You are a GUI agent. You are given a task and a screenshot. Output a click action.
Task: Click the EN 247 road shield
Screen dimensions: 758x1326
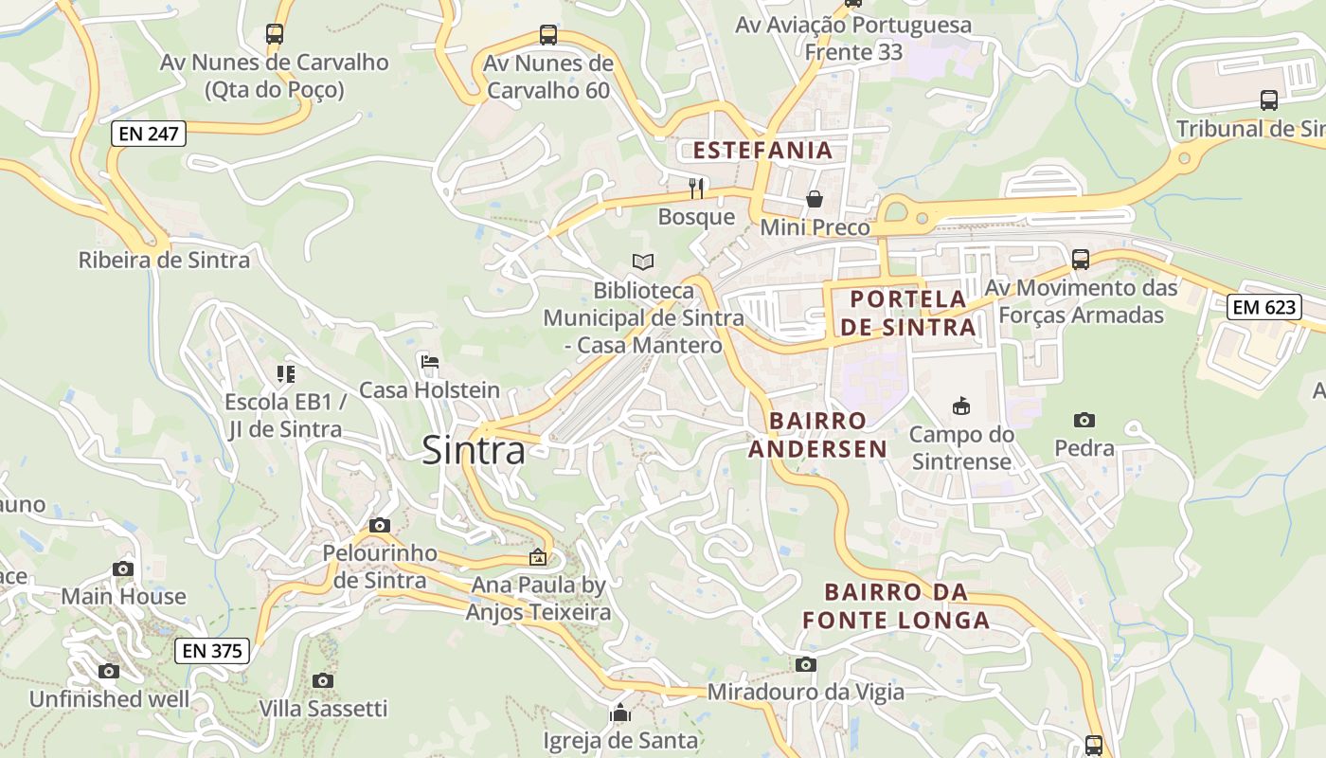(x=149, y=134)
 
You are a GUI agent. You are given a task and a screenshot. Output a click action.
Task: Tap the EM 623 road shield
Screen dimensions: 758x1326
(x=1264, y=307)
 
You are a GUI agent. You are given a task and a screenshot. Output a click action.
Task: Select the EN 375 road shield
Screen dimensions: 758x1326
(x=212, y=651)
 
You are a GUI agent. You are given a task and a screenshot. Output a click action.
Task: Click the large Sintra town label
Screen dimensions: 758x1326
(x=473, y=450)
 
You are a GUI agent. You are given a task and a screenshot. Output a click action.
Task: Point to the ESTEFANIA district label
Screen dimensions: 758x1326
(x=762, y=150)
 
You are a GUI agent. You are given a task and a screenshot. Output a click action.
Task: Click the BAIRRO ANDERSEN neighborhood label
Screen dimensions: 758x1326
(x=818, y=435)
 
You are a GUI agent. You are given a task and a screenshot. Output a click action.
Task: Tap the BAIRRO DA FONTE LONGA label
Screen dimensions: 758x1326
(x=896, y=606)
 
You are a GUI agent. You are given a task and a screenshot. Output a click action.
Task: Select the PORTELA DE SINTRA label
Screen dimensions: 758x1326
(x=908, y=313)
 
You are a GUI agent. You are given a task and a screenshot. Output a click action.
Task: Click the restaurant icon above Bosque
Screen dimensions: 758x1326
(x=697, y=188)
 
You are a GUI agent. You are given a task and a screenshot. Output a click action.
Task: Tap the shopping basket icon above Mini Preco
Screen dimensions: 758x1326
(x=815, y=199)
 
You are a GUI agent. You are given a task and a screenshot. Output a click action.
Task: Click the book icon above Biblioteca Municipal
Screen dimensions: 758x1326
(x=643, y=262)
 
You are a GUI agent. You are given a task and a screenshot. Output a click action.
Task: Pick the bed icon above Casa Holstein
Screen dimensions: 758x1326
(x=430, y=362)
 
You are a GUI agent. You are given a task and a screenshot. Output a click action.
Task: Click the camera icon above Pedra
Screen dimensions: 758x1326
(x=1084, y=420)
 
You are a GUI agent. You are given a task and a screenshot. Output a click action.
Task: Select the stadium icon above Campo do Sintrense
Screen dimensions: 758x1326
(x=961, y=406)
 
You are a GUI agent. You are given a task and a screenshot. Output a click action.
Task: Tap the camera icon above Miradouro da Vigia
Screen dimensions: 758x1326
(x=806, y=664)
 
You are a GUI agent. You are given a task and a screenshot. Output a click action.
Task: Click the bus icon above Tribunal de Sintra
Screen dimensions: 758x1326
(x=1269, y=99)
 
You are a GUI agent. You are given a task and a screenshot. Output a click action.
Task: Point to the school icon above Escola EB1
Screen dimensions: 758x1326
(x=285, y=374)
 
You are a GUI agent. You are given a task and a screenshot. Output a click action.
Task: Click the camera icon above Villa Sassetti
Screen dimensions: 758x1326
(x=323, y=680)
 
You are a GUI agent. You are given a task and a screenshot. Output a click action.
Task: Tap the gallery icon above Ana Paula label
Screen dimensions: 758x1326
(x=538, y=557)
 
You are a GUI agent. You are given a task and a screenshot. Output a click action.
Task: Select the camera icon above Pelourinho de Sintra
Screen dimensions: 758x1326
(x=380, y=525)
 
